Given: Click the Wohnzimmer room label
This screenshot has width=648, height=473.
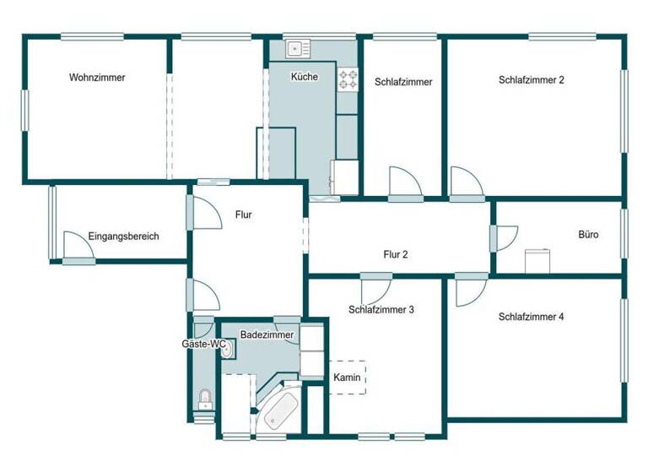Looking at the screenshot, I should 97,78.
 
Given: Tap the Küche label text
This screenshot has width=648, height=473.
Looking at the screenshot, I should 304,77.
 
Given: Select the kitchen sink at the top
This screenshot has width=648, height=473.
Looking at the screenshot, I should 298,49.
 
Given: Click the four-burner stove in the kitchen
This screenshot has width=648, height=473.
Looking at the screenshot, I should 348,79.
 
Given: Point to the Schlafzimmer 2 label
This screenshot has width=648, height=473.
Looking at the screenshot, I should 532,80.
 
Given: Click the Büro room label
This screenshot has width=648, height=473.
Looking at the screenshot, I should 588,235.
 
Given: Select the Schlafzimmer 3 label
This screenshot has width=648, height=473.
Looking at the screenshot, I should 381,310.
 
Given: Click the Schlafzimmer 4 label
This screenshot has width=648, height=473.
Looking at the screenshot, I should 531,318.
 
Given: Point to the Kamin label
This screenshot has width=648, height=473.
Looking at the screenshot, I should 348,378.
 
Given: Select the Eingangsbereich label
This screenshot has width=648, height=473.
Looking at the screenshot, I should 123,236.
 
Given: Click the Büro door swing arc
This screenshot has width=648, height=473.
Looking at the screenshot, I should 507,237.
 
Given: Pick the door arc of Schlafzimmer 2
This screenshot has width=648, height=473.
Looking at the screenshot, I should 465,182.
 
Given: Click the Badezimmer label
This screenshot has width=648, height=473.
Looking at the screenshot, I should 267,335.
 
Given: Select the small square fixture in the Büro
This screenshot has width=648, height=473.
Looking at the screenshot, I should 537,261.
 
